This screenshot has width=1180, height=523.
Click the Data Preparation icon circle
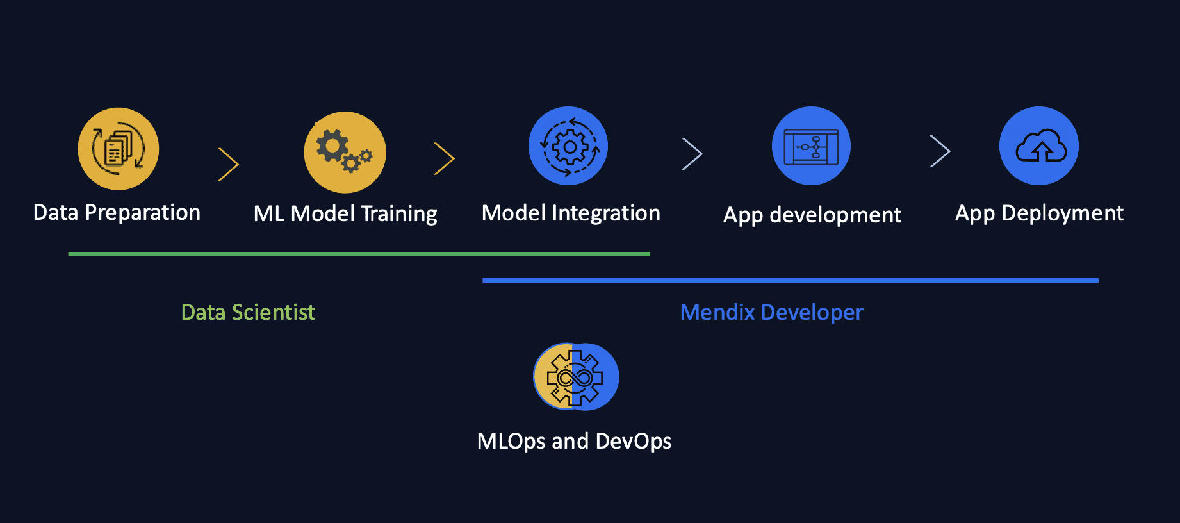119,149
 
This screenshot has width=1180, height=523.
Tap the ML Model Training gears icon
345,153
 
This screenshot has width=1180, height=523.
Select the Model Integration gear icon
568,146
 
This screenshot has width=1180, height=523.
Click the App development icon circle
811,146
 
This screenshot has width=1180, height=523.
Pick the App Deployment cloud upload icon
1039,146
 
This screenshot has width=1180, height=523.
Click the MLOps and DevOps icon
575,377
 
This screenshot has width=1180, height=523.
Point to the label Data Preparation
117,213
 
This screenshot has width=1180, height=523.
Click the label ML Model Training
345,214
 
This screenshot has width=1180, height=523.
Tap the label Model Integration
571,213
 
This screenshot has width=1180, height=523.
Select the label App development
812,215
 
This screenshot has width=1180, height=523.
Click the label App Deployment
1039,213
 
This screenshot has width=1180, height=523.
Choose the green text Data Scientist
248,313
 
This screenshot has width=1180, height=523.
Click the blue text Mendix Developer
771,313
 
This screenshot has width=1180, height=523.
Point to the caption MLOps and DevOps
574,442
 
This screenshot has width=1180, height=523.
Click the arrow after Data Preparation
229,165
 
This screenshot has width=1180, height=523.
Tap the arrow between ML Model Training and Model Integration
445,159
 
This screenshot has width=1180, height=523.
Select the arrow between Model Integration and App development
692,154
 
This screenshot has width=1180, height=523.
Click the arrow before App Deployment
940,152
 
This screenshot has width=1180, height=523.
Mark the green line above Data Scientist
359,254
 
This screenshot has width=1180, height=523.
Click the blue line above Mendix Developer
790,281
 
